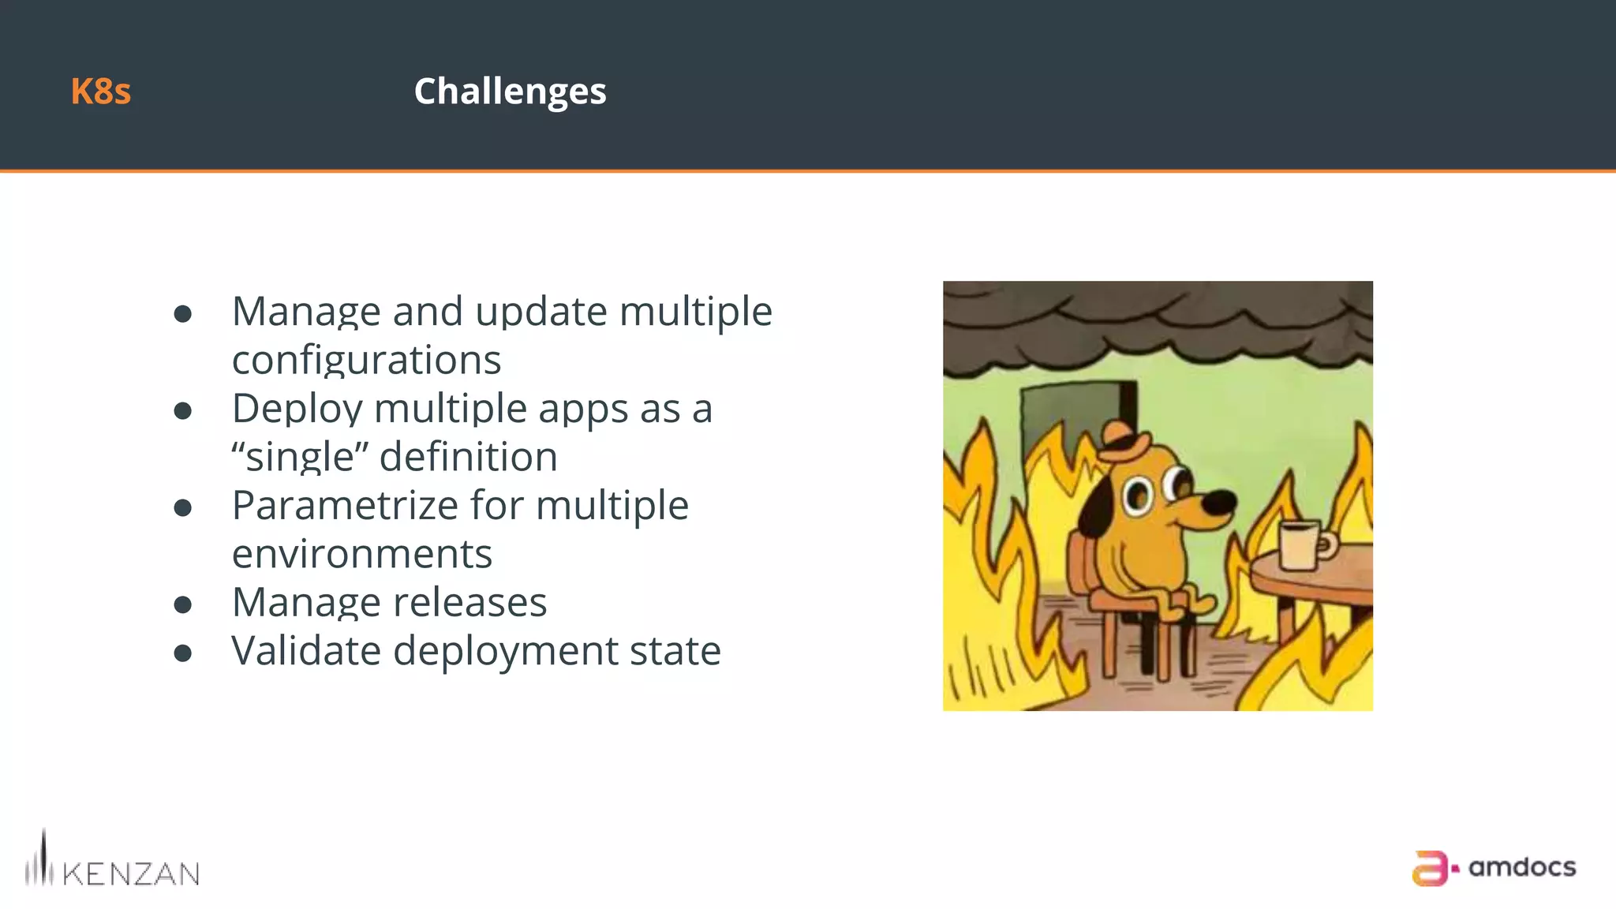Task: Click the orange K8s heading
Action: click(100, 92)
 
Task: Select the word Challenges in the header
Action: click(510, 92)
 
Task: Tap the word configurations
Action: click(366, 361)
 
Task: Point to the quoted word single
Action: click(300, 458)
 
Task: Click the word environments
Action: click(361, 554)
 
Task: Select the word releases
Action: click(469, 603)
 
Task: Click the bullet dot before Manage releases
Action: click(183, 605)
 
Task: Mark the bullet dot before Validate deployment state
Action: click(183, 653)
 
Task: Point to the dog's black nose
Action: click(1219, 500)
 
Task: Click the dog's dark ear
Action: click(1099, 505)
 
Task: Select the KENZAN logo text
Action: click(130, 873)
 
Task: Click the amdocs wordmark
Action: click(1522, 868)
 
